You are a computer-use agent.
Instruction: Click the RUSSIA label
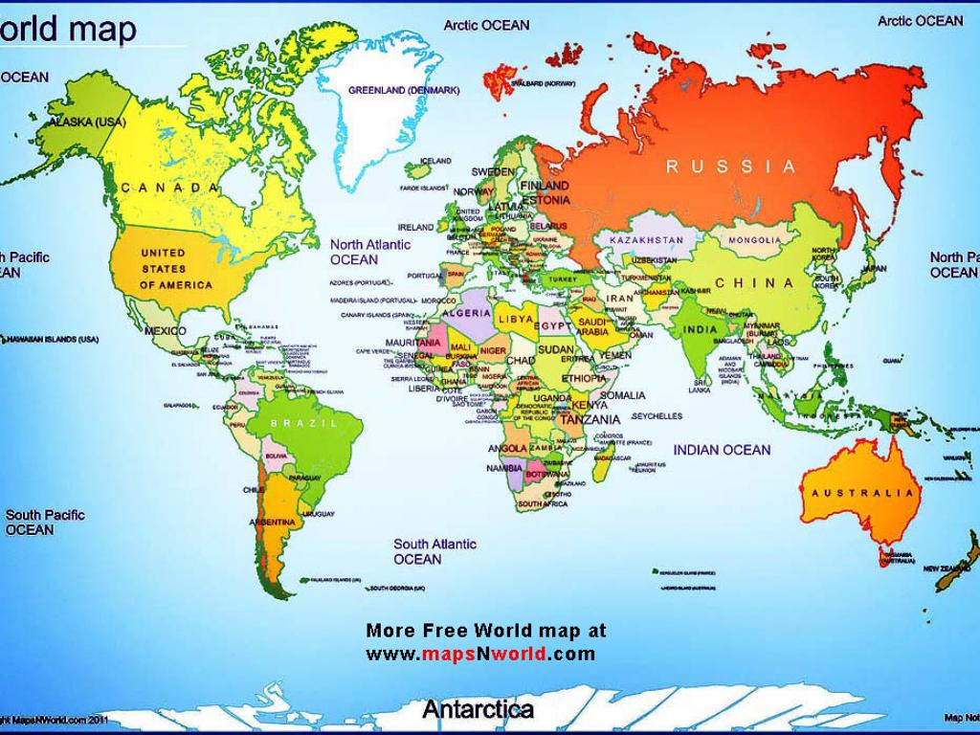tap(731, 167)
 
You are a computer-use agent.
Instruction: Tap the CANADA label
tap(171, 188)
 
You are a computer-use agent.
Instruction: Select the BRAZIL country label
tap(304, 422)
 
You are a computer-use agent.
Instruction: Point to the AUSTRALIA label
tap(863, 493)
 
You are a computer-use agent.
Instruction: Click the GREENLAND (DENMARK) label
tap(404, 90)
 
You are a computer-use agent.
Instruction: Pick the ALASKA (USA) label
tap(87, 122)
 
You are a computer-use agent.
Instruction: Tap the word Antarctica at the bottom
tap(479, 709)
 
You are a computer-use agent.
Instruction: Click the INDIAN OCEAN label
tap(722, 449)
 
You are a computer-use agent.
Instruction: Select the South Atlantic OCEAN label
tap(434, 551)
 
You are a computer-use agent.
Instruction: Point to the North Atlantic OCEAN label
tap(369, 252)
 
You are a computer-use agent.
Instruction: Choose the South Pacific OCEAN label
tap(45, 522)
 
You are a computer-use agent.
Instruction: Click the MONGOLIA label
tap(754, 240)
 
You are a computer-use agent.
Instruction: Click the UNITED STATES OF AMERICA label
tap(176, 269)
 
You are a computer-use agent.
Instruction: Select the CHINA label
tap(755, 282)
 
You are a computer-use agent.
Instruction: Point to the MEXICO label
tap(165, 330)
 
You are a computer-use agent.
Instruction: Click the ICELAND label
tap(435, 161)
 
